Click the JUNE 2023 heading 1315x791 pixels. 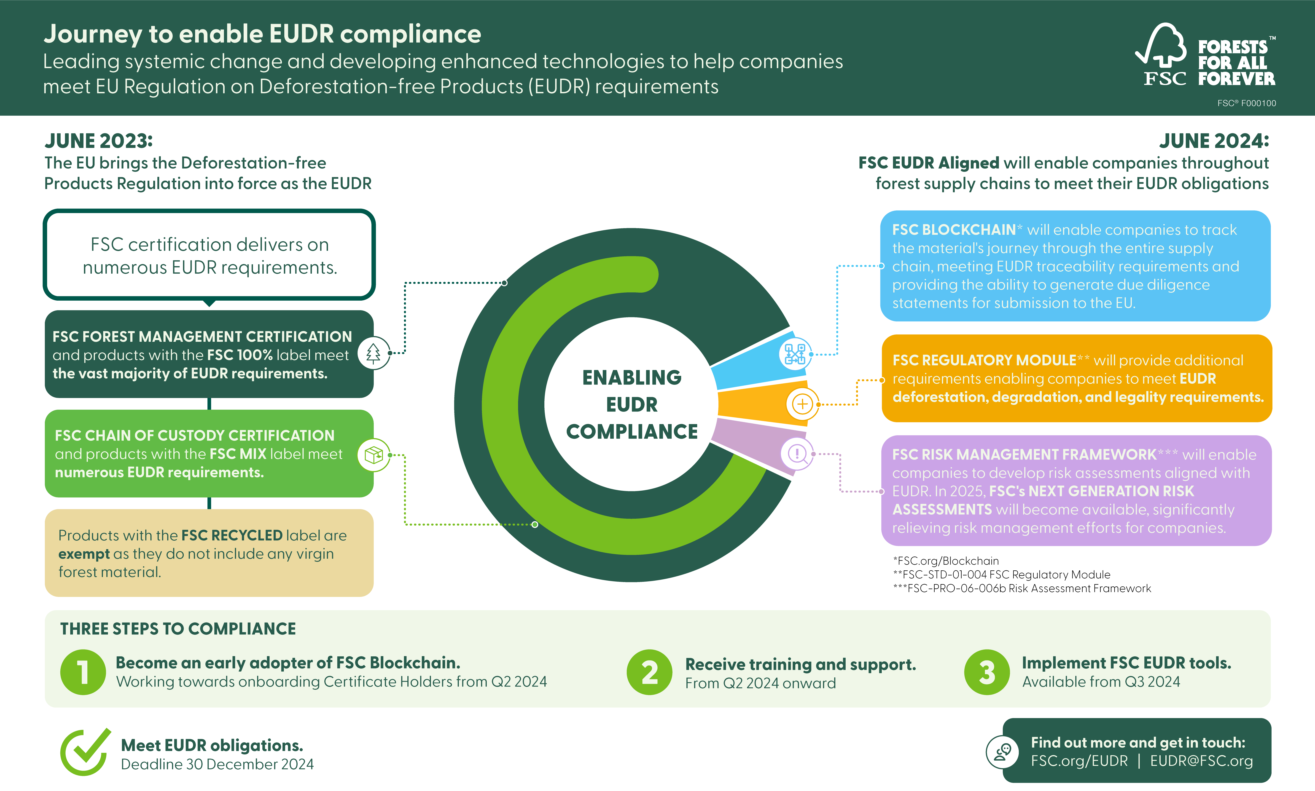pyautogui.click(x=99, y=141)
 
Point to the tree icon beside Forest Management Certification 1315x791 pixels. pyautogui.click(x=373, y=353)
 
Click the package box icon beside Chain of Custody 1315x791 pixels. pyautogui.click(x=373, y=455)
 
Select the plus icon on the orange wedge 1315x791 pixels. pyautogui.click(x=802, y=404)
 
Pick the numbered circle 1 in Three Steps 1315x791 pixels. pyautogui.click(x=83, y=672)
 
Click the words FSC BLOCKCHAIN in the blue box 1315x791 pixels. pyautogui.click(x=953, y=230)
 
